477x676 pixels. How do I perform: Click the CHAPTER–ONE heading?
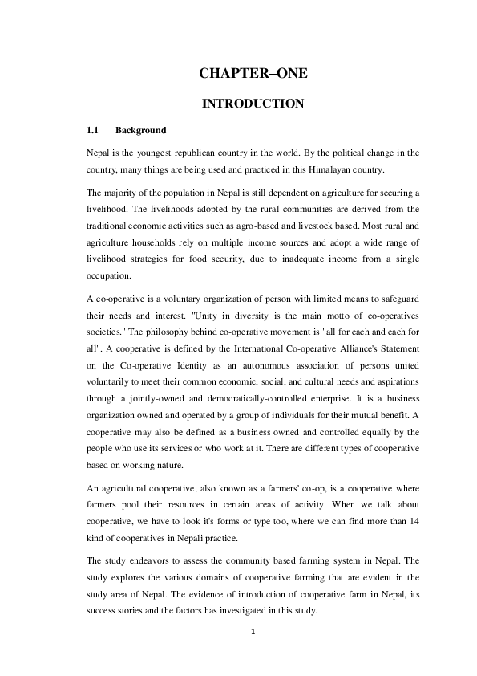pos(253,74)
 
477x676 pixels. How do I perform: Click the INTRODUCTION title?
pos(253,104)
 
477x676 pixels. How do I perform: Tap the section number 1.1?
pos(92,130)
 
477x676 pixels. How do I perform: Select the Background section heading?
pos(141,130)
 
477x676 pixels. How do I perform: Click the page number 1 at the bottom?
pos(253,631)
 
